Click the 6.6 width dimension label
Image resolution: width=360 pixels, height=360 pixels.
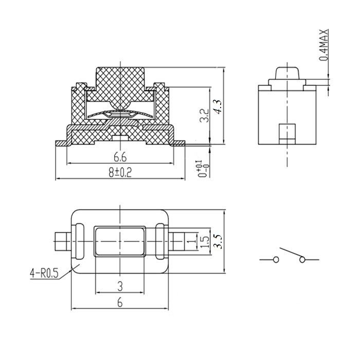pos(120,157)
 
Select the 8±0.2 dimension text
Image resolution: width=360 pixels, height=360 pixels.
pos(120,172)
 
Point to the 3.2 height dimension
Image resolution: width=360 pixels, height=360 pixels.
pos(204,115)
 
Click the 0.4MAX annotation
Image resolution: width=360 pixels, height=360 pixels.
pos(323,45)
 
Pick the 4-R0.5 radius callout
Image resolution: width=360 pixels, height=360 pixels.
pos(44,274)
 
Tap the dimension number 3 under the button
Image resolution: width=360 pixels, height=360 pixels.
pos(120,286)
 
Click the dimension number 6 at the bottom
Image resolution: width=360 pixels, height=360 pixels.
pos(120,303)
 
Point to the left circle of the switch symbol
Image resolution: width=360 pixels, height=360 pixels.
pos(276,260)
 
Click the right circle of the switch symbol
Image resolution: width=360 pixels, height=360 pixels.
pos(302,260)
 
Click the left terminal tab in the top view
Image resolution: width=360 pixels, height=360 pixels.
pos(63,241)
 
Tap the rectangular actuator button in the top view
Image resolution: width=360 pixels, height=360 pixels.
pos(120,241)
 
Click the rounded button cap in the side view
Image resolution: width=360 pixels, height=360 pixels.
pos(287,73)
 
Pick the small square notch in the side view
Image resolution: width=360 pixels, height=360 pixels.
pos(287,134)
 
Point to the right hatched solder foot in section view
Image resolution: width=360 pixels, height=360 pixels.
pos(179,143)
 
